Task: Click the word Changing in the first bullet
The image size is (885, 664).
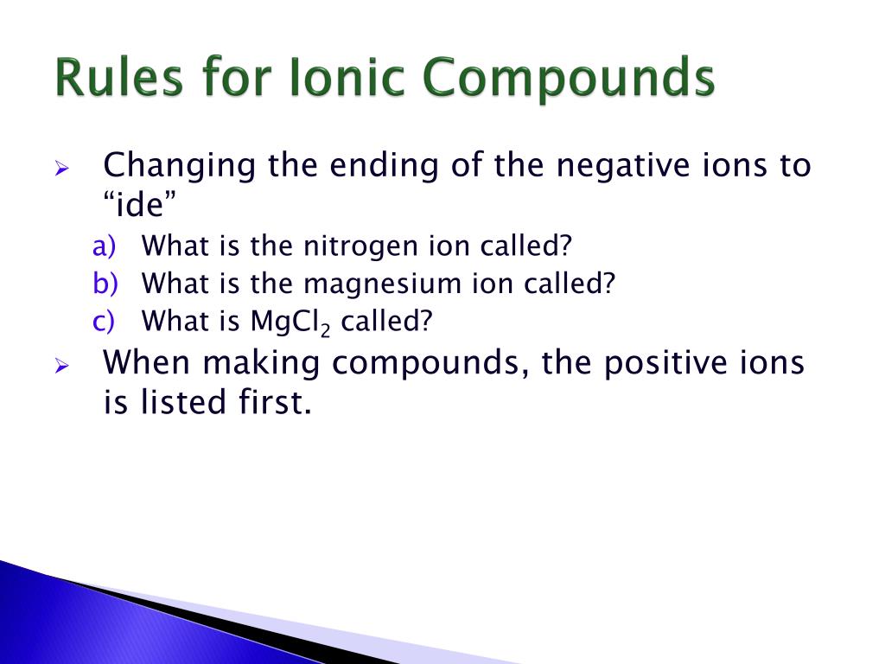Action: (x=179, y=165)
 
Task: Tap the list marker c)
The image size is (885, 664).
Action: (x=103, y=322)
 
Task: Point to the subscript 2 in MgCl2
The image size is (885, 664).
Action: (x=326, y=329)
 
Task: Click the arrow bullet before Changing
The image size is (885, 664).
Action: (x=61, y=168)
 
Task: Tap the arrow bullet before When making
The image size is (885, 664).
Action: (x=61, y=365)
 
